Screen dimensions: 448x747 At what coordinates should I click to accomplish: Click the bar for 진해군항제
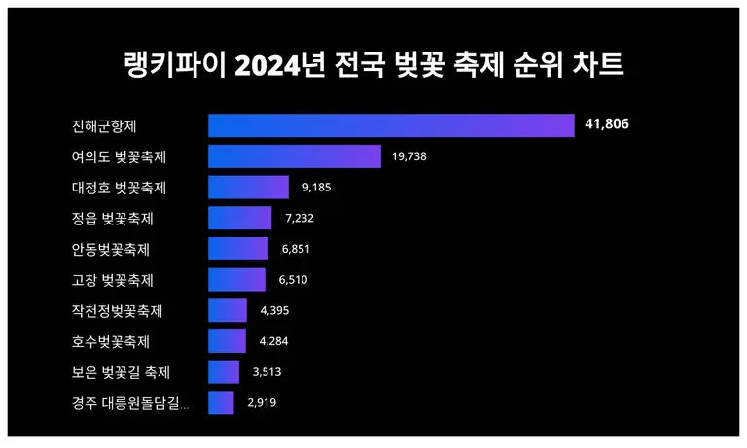(391, 126)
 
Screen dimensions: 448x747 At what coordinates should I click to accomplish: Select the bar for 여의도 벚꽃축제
(294, 156)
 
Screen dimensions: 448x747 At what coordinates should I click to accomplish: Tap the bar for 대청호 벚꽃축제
(248, 188)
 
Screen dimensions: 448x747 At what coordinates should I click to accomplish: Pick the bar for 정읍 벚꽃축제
(239, 218)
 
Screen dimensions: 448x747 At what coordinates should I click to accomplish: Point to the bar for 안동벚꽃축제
(238, 249)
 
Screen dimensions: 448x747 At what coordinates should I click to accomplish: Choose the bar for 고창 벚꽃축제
(236, 280)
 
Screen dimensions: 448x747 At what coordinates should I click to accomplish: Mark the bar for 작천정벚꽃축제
(228, 311)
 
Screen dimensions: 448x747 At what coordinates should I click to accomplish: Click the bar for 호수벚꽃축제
(227, 341)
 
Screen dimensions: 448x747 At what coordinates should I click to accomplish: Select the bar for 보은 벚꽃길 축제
(224, 372)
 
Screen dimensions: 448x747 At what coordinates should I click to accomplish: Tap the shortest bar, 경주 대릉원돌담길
(221, 402)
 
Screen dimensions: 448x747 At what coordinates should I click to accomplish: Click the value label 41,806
(613, 125)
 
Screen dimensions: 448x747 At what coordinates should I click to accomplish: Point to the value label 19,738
(410, 156)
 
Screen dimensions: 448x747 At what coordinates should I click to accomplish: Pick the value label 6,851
(296, 249)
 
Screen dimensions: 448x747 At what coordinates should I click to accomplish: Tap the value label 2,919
(263, 402)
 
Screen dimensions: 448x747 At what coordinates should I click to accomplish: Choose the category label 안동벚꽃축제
(111, 249)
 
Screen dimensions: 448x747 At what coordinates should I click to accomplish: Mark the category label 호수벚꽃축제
(111, 341)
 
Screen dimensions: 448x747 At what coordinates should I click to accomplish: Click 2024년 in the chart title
(288, 65)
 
